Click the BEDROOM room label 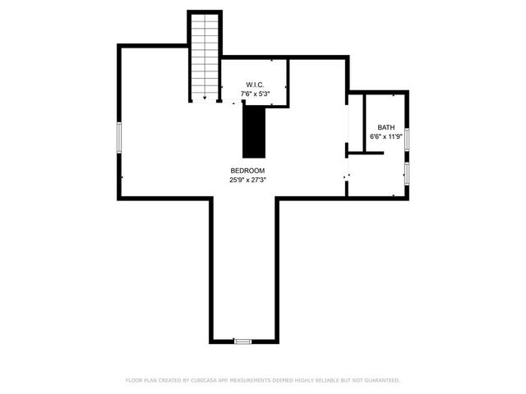click(247, 170)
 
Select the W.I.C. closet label click(255, 85)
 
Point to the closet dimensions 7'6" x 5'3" click(255, 94)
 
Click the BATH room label click(385, 127)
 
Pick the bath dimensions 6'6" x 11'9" click(385, 136)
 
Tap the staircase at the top click(205, 53)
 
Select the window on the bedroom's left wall click(120, 136)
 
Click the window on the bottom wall click(242, 341)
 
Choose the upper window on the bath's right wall click(407, 137)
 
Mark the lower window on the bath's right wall click(407, 172)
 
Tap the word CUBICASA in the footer click(210, 380)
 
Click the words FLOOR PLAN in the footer click(141, 380)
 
